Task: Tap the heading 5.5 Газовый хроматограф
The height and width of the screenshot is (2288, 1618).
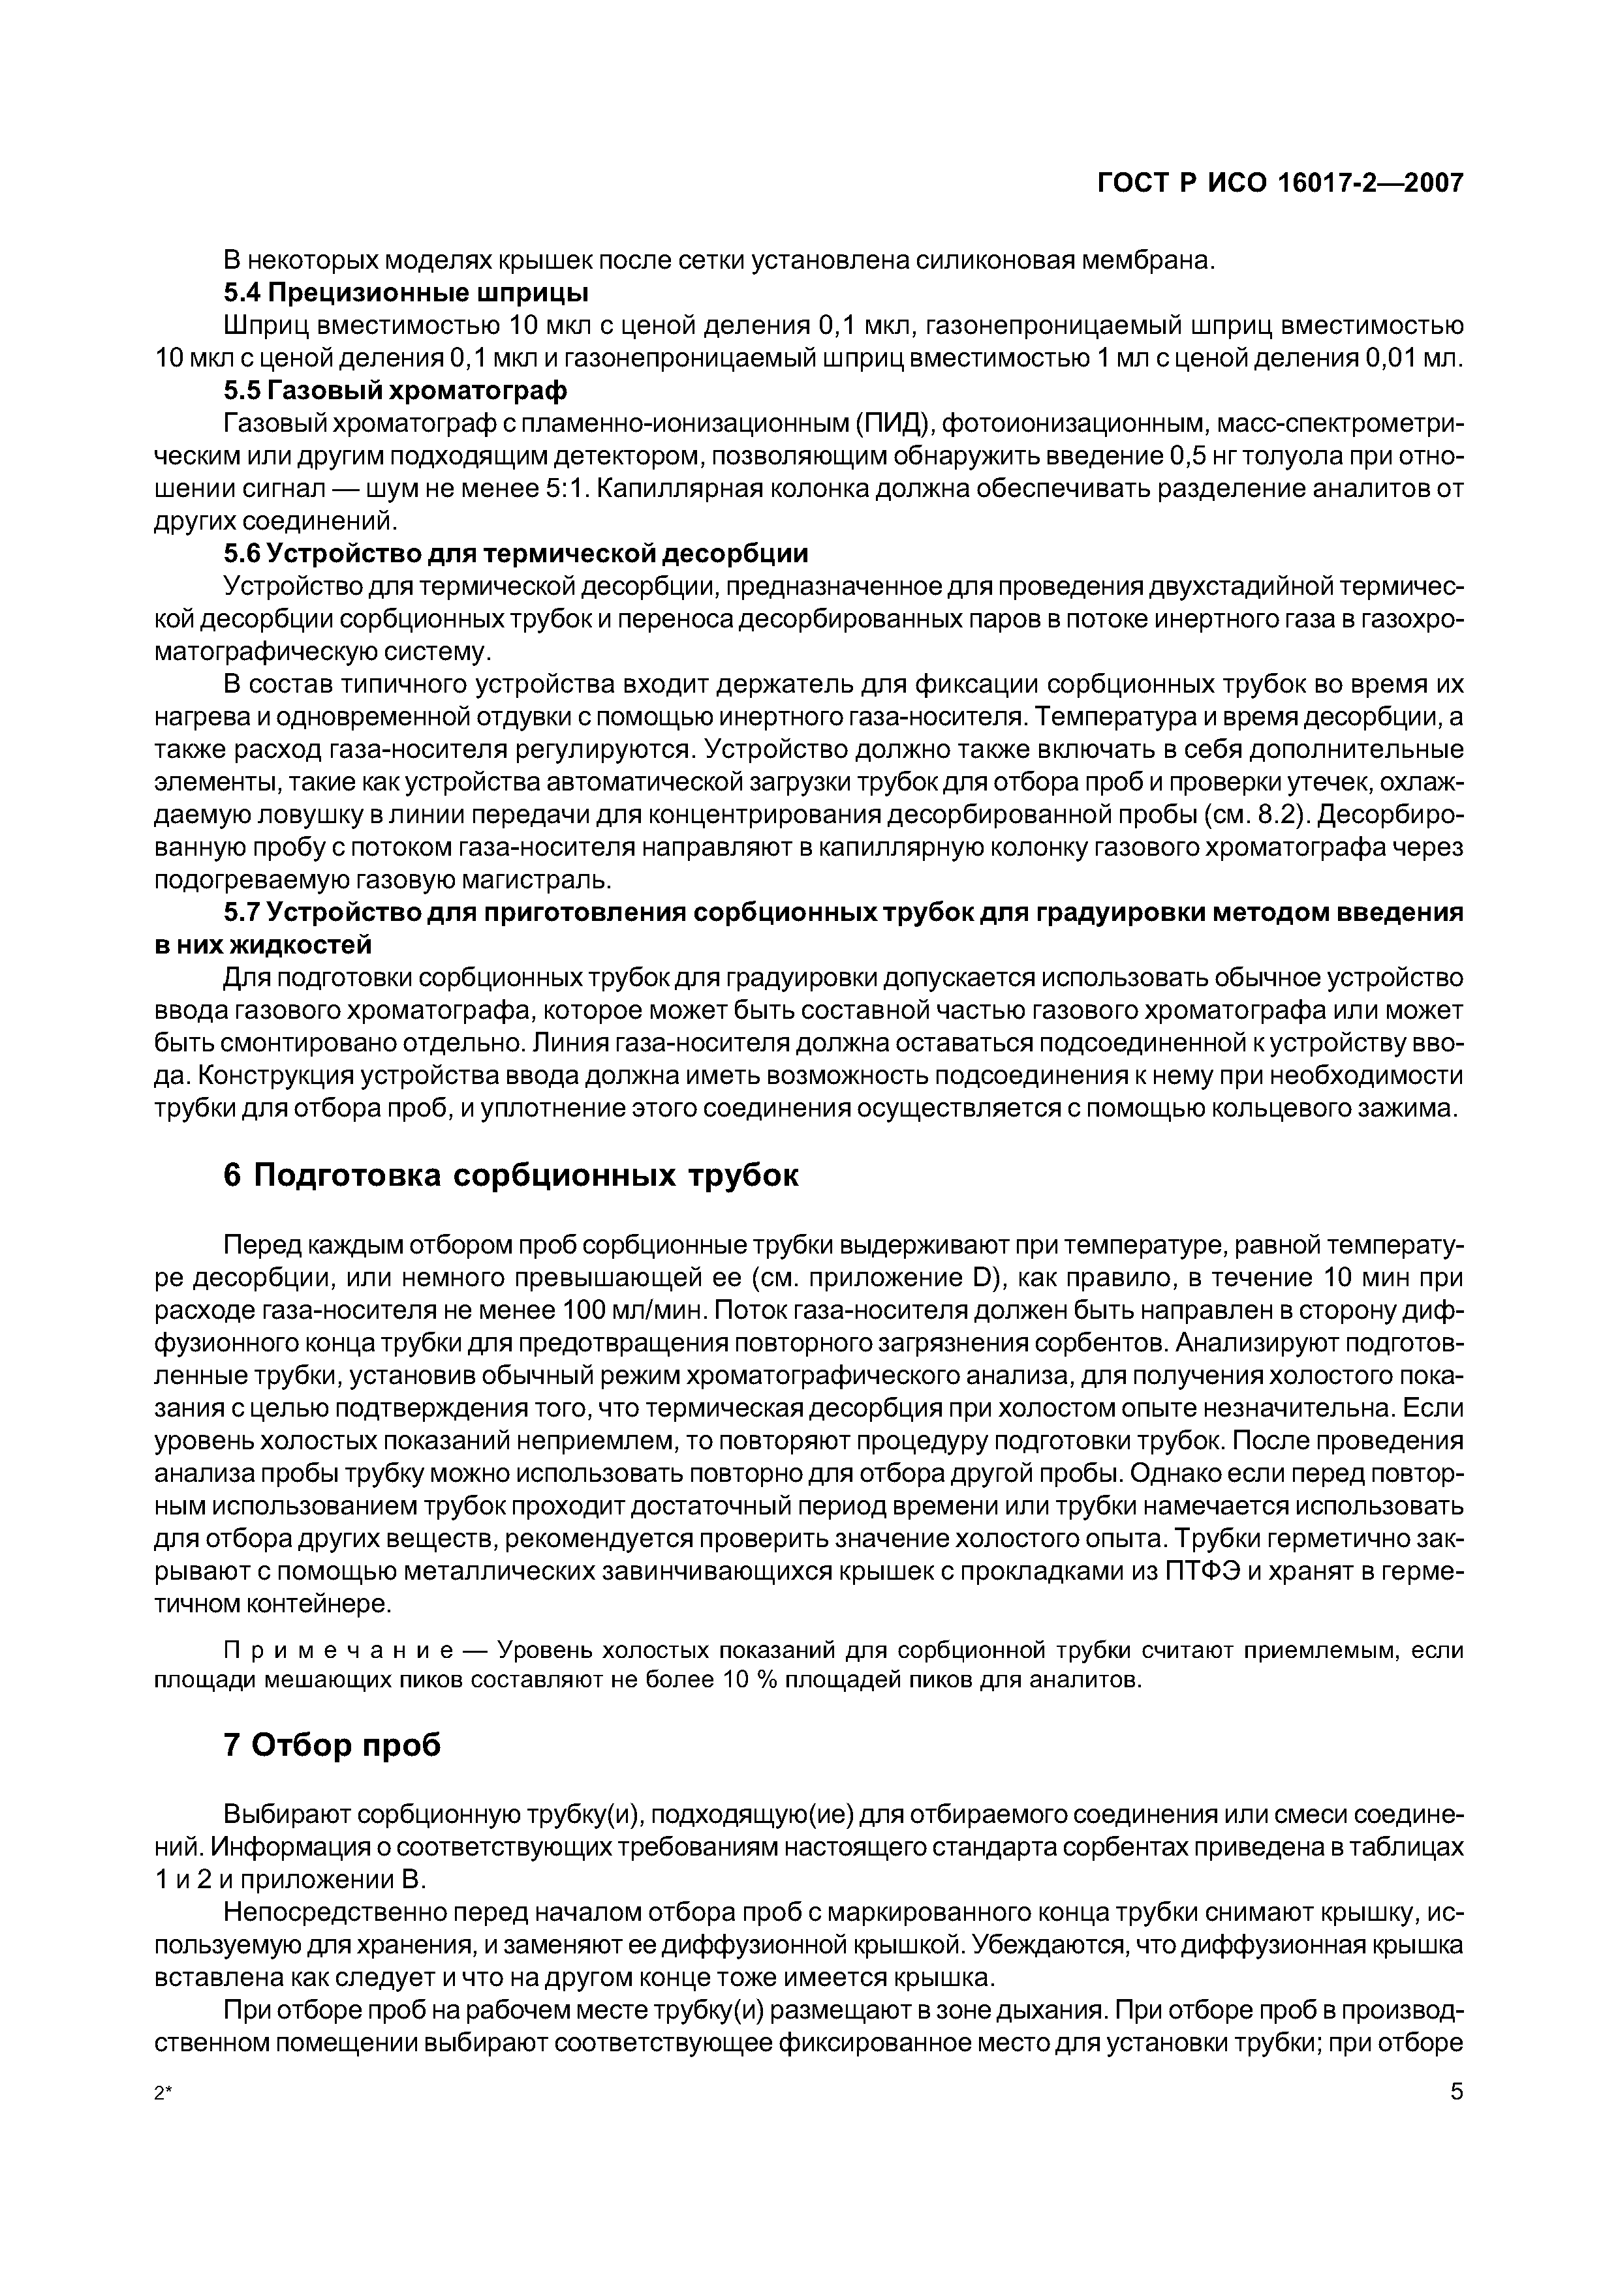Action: (395, 387)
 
